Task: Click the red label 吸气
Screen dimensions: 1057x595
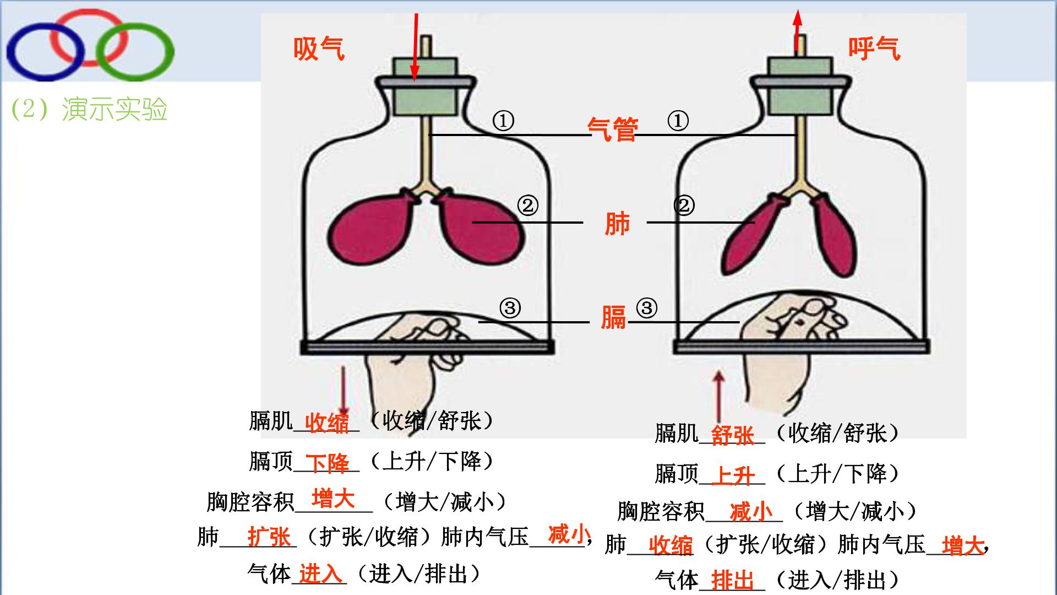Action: (x=319, y=48)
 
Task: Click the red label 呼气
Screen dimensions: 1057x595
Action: (x=874, y=48)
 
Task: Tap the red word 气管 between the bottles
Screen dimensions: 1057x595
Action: (x=613, y=129)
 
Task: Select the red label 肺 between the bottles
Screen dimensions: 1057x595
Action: (x=617, y=224)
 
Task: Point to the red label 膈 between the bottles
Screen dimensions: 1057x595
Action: (x=613, y=317)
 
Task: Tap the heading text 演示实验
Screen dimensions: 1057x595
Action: (x=115, y=109)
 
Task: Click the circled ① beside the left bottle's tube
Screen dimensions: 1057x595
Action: (x=503, y=121)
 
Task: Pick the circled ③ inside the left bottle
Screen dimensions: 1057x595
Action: (x=510, y=308)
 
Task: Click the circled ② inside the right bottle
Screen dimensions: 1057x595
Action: (x=684, y=205)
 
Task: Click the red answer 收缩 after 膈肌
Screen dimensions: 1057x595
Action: (x=327, y=423)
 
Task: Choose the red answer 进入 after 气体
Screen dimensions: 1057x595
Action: (x=320, y=575)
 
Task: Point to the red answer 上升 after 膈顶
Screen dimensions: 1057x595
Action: (x=732, y=475)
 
